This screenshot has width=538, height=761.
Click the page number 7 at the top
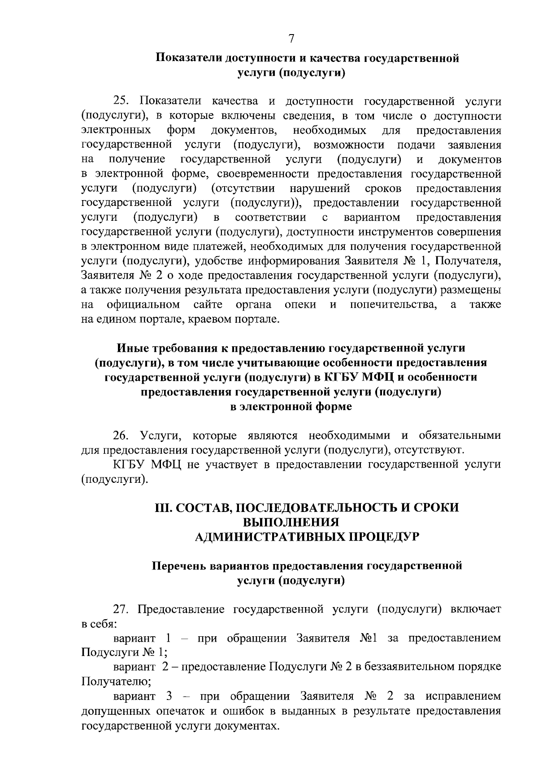coord(291,39)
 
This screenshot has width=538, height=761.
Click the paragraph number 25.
coord(122,102)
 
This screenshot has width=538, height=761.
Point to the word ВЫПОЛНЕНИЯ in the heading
coord(291,522)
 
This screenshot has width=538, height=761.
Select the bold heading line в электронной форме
coord(291,407)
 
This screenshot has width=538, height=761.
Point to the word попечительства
coord(393,305)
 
